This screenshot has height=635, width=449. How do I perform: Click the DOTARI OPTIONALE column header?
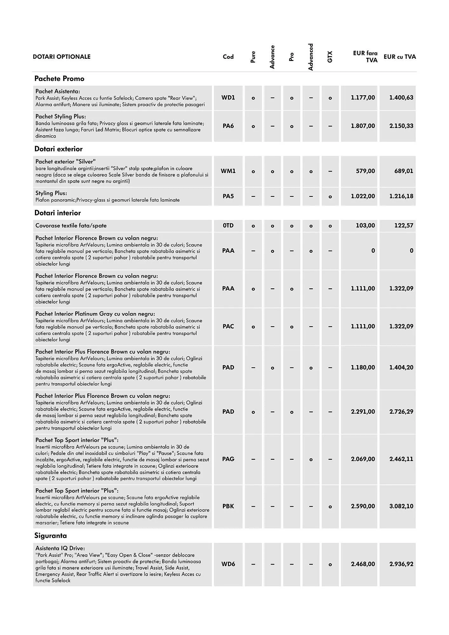pyautogui.click(x=62, y=57)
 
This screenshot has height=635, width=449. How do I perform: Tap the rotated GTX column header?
pyautogui.click(x=330, y=57)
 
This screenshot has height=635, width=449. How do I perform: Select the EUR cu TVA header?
pyautogui.click(x=399, y=57)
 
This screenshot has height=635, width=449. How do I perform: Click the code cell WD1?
pyautogui.click(x=228, y=97)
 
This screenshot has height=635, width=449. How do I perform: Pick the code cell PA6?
pyautogui.click(x=228, y=126)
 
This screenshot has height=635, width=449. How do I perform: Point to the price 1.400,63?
pyautogui.click(x=401, y=97)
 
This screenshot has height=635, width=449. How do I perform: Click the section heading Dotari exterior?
pyautogui.click(x=58, y=149)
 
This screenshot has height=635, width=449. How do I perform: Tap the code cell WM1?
pyautogui.click(x=228, y=171)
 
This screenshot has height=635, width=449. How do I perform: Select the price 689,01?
pyautogui.click(x=403, y=171)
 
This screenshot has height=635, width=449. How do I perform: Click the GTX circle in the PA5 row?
pyautogui.click(x=330, y=197)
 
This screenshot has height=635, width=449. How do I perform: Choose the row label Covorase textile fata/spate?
pyautogui.click(x=71, y=226)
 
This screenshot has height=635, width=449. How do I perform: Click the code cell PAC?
pyautogui.click(x=228, y=326)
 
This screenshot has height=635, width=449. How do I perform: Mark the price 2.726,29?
pyautogui.click(x=401, y=412)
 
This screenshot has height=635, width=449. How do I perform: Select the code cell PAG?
pyautogui.click(x=228, y=459)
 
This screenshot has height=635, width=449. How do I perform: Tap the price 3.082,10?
pyautogui.click(x=401, y=506)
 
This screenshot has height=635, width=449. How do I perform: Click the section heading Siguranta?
pyautogui.click(x=50, y=536)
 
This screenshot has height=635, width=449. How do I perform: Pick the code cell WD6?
pyautogui.click(x=228, y=564)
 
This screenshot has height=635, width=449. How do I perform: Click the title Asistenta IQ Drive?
pyautogui.click(x=60, y=548)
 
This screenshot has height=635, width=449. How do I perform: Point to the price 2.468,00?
pyautogui.click(x=363, y=564)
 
